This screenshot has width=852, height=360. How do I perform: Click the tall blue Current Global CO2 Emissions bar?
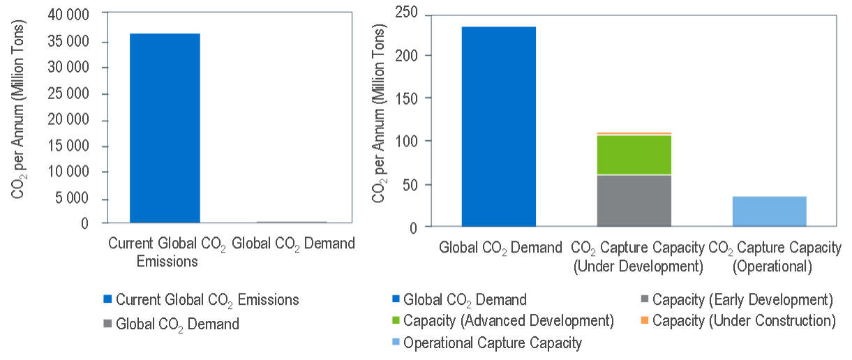pyautogui.click(x=165, y=128)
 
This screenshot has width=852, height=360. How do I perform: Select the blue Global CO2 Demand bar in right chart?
pyautogui.click(x=498, y=126)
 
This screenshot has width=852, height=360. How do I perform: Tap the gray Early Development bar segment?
pyautogui.click(x=634, y=200)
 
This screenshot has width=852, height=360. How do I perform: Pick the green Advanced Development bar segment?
pyautogui.click(x=634, y=154)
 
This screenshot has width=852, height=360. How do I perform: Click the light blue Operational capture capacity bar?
pyautogui.click(x=769, y=211)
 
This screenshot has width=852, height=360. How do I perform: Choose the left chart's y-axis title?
pyautogui.click(x=18, y=119)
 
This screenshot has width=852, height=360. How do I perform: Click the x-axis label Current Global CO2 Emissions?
pyautogui.click(x=165, y=253)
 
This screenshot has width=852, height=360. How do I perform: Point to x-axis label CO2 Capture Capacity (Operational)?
pyautogui.click(x=775, y=257)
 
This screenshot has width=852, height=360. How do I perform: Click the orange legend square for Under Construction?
pyautogui.click(x=644, y=321)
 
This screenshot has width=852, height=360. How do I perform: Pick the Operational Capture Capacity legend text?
pyautogui.click(x=493, y=343)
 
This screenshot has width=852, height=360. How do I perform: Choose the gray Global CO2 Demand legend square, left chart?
pyautogui.click(x=107, y=324)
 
